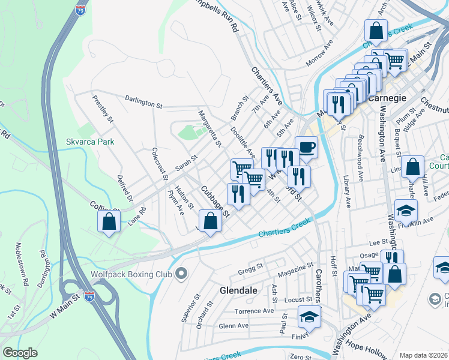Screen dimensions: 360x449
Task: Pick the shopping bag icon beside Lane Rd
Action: tap(109, 221)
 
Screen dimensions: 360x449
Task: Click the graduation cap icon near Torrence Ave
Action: tap(309, 316)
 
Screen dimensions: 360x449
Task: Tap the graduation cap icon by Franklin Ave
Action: tap(406, 210)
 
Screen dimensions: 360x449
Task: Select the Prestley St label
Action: tap(103, 108)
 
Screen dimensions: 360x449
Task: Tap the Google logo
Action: tap(20, 353)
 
